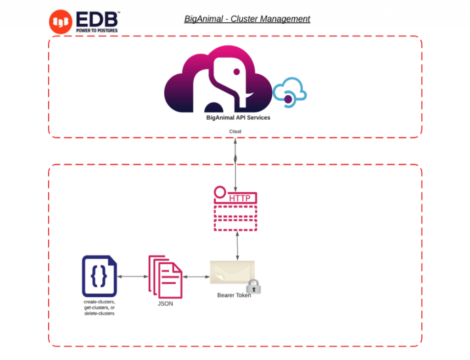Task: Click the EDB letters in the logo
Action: click(x=97, y=19)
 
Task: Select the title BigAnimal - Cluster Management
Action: click(x=247, y=19)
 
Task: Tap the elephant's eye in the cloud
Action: click(x=236, y=72)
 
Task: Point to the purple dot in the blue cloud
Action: click(x=288, y=99)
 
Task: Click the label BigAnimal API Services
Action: click(x=238, y=118)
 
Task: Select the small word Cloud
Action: click(x=235, y=132)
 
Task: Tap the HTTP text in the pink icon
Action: click(x=240, y=199)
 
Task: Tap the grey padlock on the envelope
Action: click(x=253, y=287)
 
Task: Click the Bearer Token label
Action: click(x=234, y=295)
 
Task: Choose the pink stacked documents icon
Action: click(x=165, y=276)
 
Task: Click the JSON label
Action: click(x=165, y=304)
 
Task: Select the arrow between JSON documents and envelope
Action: click(x=196, y=277)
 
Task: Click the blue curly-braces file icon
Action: click(x=100, y=276)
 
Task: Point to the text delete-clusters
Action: click(x=99, y=314)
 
